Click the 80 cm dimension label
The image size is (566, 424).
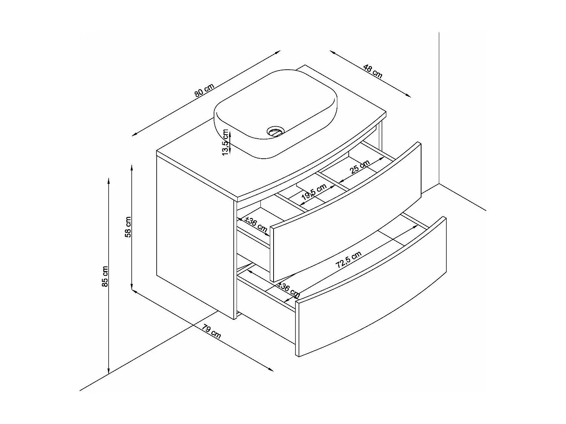(205, 91)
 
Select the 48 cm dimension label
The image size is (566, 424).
(373, 71)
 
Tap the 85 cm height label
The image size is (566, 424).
(105, 276)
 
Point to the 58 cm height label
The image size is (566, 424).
(128, 227)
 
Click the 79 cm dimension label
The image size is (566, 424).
(211, 331)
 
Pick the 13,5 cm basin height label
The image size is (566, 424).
(226, 142)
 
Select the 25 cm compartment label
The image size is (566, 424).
(360, 167)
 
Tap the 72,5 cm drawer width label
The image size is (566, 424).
(349, 260)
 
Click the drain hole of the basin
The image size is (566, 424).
(275, 132)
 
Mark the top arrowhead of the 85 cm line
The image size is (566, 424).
(109, 179)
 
